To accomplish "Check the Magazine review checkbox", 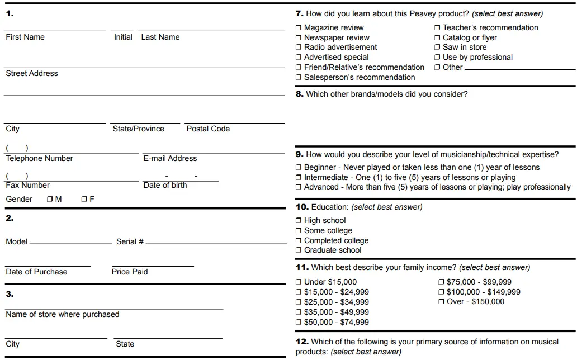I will tap(299, 28).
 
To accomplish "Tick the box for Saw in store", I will tap(437, 48).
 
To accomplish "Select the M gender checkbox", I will tap(50, 199).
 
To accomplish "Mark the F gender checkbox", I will tap(84, 199).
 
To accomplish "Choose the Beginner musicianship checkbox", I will tap(299, 168).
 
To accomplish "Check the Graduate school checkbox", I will tap(299, 250).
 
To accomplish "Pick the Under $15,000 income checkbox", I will tap(299, 282).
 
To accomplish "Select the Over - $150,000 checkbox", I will tap(441, 302).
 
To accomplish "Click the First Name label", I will tap(25, 37).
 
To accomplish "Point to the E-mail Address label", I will tap(170, 158).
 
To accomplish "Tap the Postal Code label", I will tap(208, 129).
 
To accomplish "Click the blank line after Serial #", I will tap(216, 243).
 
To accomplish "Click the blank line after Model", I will tap(70, 243).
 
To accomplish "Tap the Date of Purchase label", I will tap(36, 272).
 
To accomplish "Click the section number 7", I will tap(299, 13).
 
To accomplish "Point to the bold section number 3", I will tap(10, 294).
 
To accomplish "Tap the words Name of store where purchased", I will tap(63, 314).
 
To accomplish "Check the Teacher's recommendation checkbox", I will tap(437, 28).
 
